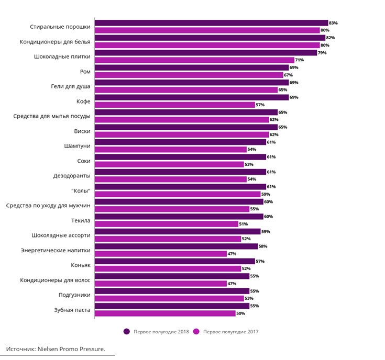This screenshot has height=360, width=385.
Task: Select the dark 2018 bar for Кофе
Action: coord(192,97)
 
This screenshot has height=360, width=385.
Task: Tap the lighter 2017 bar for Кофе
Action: coord(175,105)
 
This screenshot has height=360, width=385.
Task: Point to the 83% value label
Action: coord(333,23)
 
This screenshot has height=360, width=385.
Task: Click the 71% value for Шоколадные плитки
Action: coord(300,60)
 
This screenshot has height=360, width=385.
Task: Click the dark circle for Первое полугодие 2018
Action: coord(127,331)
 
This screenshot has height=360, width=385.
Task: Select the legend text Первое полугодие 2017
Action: coord(231,331)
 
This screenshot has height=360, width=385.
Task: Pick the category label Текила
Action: coord(81,220)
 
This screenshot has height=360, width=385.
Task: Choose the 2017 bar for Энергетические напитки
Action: coord(160,254)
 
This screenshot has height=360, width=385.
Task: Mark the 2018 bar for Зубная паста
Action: coord(172,306)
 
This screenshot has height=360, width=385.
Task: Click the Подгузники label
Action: coord(74,295)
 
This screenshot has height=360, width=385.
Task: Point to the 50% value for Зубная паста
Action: coord(240,313)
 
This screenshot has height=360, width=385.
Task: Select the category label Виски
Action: coord(82,131)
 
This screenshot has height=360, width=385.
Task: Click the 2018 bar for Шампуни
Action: coord(180,142)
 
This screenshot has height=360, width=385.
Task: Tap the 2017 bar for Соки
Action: coord(169,164)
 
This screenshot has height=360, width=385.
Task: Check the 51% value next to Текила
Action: coord(243,224)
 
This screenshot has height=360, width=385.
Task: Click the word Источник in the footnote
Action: coord(20,348)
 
